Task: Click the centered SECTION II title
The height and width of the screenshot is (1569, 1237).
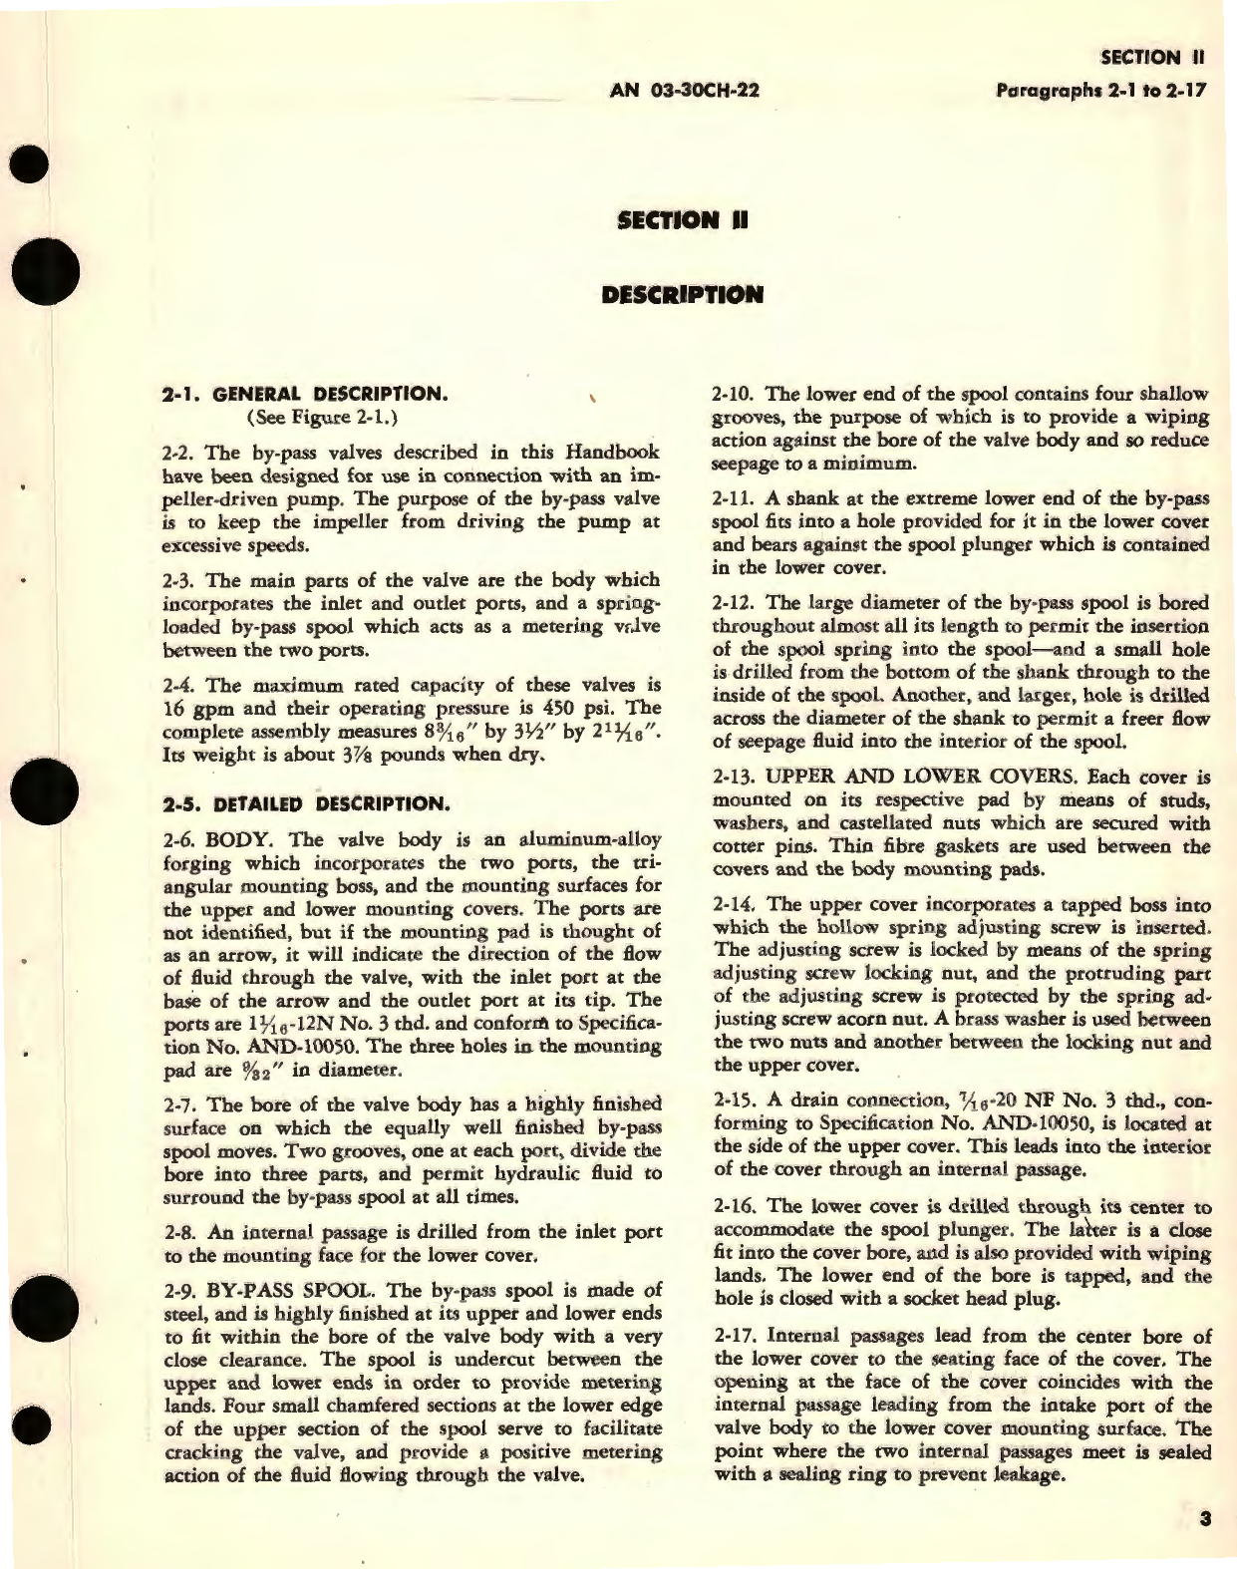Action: tap(683, 220)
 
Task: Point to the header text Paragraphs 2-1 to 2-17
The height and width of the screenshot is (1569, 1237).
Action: tap(1101, 89)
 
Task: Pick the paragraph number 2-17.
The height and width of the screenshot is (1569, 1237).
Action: tap(739, 1335)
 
